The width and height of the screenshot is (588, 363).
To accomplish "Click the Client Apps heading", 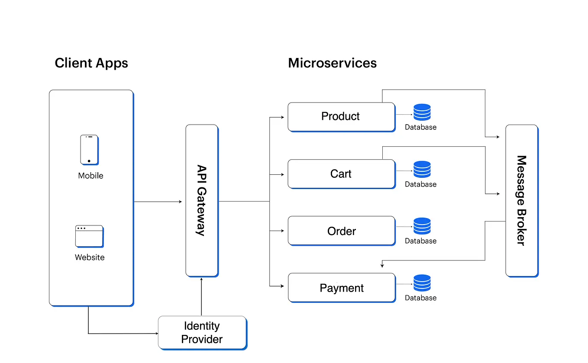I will pyautogui.click(x=91, y=63).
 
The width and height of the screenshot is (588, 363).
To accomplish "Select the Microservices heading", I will pyautogui.click(x=332, y=63).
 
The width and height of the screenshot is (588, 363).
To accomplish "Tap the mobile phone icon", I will pyautogui.click(x=89, y=149).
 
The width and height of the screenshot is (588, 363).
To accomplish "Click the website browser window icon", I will pyautogui.click(x=89, y=236).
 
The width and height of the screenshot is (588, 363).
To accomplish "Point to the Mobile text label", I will pyautogui.click(x=90, y=176).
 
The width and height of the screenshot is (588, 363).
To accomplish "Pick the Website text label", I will pyautogui.click(x=90, y=257).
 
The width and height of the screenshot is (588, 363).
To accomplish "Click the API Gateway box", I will pyautogui.click(x=202, y=200).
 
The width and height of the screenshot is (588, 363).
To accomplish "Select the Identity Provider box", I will pyautogui.click(x=202, y=332).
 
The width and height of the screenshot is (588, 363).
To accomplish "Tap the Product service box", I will pyautogui.click(x=341, y=117).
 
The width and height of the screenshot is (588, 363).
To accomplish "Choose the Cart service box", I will pyautogui.click(x=341, y=174).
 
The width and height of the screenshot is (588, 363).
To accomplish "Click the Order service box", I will pyautogui.click(x=341, y=231).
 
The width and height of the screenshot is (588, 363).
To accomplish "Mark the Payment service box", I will pyautogui.click(x=341, y=288).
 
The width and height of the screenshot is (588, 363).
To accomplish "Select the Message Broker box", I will pyautogui.click(x=521, y=200).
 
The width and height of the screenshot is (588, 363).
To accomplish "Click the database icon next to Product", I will pyautogui.click(x=422, y=112).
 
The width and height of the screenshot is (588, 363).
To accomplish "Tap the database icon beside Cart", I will pyautogui.click(x=422, y=169).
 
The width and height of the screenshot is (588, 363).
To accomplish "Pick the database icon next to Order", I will pyautogui.click(x=422, y=226).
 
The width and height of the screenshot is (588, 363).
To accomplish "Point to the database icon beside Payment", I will pyautogui.click(x=422, y=283).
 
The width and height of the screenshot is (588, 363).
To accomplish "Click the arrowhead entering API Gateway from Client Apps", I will pyautogui.click(x=180, y=202).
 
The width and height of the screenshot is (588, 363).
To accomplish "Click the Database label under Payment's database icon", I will pyautogui.click(x=420, y=298).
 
